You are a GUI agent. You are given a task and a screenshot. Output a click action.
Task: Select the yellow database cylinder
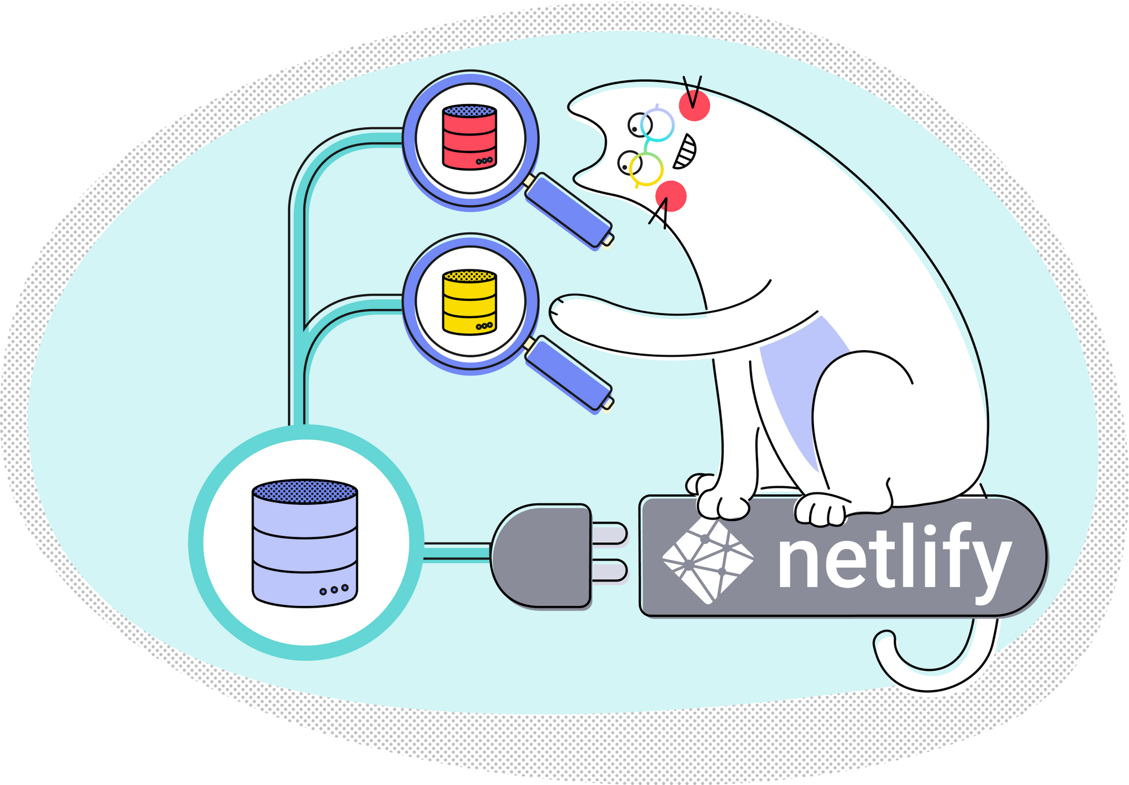470,302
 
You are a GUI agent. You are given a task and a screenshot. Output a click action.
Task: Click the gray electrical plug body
539,556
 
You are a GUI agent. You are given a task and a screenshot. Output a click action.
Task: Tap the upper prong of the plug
609,533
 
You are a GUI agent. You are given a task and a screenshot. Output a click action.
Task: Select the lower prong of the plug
609,570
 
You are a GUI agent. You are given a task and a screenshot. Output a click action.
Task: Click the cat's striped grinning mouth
685,151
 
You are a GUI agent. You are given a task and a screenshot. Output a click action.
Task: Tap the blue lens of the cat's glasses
657,124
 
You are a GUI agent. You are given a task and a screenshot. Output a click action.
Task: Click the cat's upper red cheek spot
694,106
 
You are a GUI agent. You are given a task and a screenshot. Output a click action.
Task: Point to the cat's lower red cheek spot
671,196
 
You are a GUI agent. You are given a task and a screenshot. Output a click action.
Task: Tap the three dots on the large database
334,590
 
